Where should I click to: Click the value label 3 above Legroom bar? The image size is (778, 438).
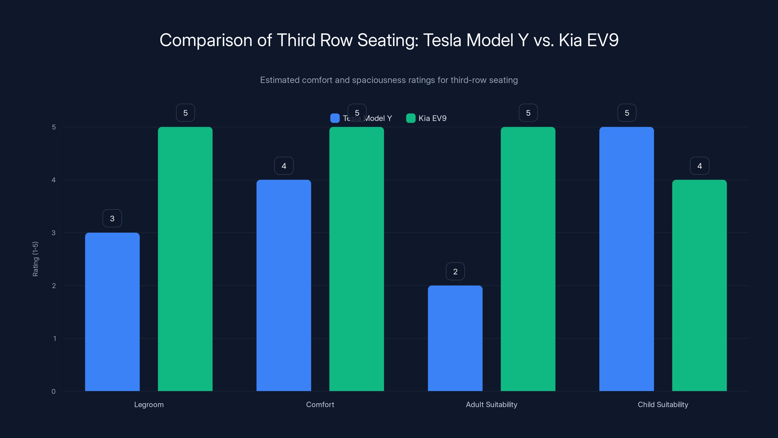click(112, 218)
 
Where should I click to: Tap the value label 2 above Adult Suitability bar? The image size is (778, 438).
click(455, 272)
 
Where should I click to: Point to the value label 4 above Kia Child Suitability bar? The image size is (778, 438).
click(699, 166)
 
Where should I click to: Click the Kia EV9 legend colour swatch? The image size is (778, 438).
click(411, 118)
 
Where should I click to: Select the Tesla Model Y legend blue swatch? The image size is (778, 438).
click(335, 118)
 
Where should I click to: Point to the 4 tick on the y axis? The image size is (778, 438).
click(54, 180)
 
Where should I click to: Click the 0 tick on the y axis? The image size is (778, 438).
click(54, 392)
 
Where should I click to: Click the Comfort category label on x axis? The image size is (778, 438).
click(320, 404)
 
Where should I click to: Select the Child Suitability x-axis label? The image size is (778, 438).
click(663, 404)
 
